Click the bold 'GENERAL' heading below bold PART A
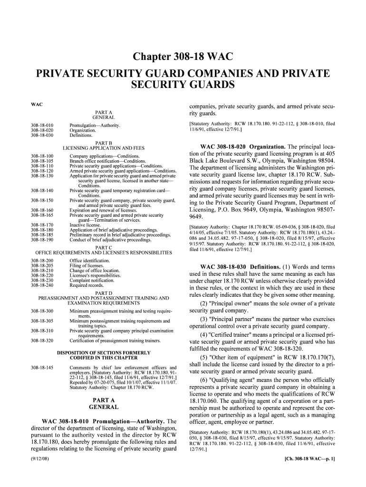(104, 408)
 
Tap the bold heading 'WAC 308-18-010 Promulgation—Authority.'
(103, 421)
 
